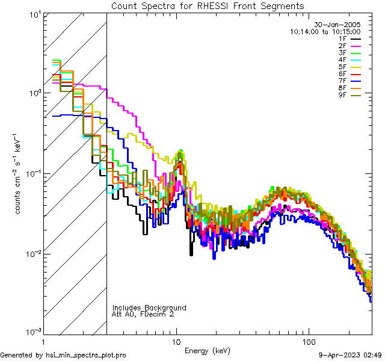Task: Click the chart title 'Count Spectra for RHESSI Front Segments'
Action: pyautogui.click(x=208, y=5)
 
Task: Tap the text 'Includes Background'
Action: pyautogui.click(x=149, y=307)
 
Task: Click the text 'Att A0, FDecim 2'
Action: pyautogui.click(x=143, y=314)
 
